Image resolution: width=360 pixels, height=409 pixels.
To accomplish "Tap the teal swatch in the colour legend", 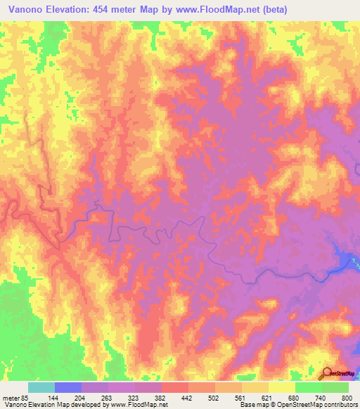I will click(41, 387).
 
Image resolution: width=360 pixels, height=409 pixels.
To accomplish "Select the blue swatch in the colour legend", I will click(68, 387).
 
